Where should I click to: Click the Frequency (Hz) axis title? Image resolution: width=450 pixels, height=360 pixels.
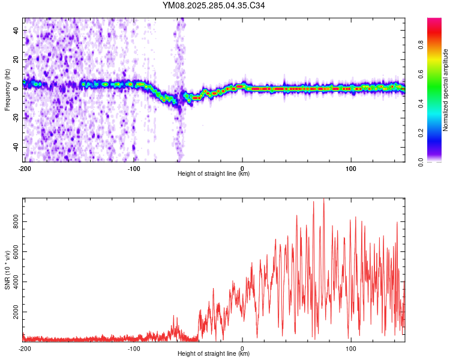pyautogui.click(x=8, y=89)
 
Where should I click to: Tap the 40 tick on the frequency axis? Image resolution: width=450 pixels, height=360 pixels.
pyautogui.click(x=17, y=30)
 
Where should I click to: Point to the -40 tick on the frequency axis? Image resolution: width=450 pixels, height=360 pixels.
pyautogui.click(x=16, y=147)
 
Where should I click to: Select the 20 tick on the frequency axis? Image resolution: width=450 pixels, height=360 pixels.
pyautogui.click(x=17, y=59)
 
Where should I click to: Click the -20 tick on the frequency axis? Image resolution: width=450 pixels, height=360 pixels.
pyautogui.click(x=16, y=118)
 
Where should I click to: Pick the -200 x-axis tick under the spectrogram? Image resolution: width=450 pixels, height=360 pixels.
pyautogui.click(x=25, y=168)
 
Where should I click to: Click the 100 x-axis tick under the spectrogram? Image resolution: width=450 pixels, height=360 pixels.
pyautogui.click(x=351, y=168)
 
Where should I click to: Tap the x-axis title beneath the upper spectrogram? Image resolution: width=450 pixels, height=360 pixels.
pyautogui.click(x=214, y=174)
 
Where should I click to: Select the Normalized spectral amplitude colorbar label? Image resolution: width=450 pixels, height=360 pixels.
pyautogui.click(x=446, y=91)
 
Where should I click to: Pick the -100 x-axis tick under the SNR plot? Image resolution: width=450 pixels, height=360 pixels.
pyautogui.click(x=134, y=348)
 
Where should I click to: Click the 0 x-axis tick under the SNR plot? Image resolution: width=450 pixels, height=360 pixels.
pyautogui.click(x=242, y=348)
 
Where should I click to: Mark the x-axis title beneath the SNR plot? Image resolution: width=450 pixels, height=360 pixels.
pyautogui.click(x=214, y=354)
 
